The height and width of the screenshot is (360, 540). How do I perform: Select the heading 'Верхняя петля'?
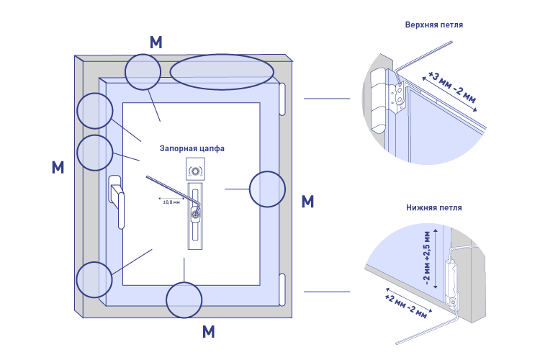(x=434, y=24)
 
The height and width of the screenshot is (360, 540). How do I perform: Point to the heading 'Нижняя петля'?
(x=434, y=208)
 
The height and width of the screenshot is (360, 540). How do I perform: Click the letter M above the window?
(x=156, y=42)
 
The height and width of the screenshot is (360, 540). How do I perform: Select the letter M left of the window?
(x=58, y=168)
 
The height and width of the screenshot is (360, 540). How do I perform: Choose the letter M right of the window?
(x=307, y=202)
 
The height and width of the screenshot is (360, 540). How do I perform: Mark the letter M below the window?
(x=209, y=332)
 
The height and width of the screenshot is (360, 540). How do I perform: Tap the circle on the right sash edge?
(x=268, y=189)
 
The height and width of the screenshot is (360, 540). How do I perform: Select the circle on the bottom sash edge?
(x=184, y=300)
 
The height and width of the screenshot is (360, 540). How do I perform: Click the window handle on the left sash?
(x=116, y=199)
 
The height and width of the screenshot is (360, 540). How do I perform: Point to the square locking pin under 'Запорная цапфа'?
(x=195, y=169)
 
